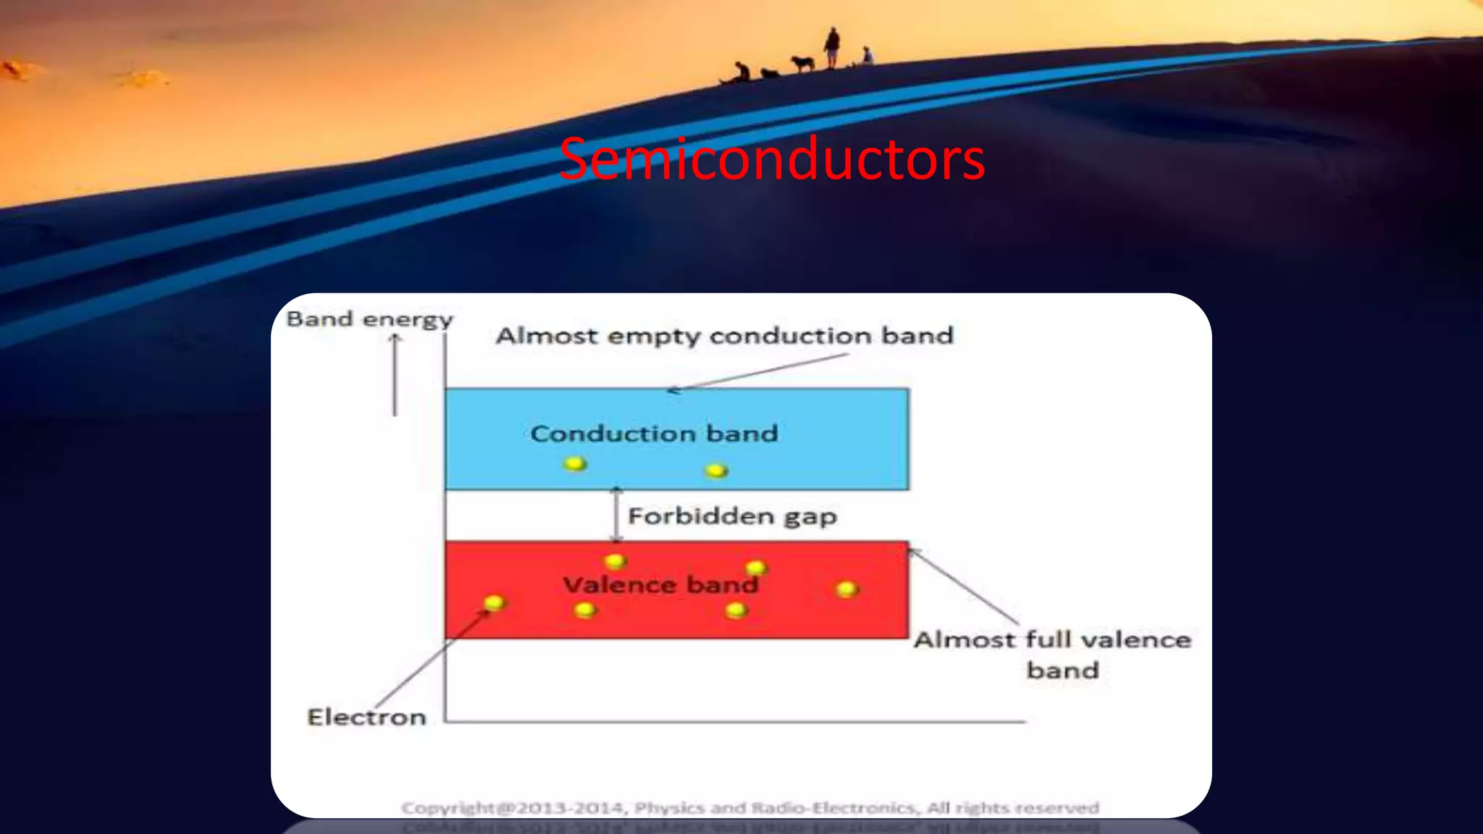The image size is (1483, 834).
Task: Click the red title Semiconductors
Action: pos(772,159)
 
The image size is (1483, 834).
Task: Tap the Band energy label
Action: pos(369,319)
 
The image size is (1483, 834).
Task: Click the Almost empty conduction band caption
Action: pos(724,336)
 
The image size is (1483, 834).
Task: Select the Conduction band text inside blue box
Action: pos(654,434)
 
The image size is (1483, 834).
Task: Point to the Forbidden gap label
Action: pos(732,516)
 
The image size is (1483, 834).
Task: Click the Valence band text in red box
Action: pos(660,585)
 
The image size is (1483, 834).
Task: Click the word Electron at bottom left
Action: pos(366,717)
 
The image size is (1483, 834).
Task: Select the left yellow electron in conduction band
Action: pos(575,463)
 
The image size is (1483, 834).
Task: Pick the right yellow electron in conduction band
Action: pos(716,471)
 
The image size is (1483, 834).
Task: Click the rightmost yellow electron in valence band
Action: pos(846,589)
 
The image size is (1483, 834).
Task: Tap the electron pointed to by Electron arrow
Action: pos(494,602)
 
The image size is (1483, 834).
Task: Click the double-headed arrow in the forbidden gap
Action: pos(616,515)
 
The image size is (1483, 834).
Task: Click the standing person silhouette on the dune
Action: pos(832,48)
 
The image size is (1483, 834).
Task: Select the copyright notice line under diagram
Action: pos(750,807)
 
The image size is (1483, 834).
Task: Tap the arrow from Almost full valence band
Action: pos(964,586)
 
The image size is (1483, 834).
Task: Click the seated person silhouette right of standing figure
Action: pos(867,56)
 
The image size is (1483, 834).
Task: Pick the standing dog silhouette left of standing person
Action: pos(802,64)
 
